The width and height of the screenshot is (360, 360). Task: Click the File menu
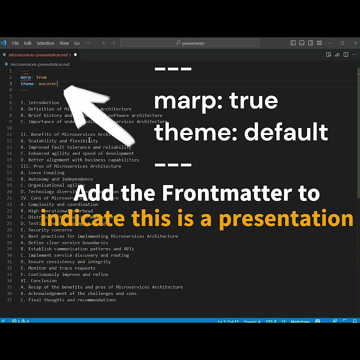click(x=15, y=43)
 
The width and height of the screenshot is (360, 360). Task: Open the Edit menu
click(x=27, y=43)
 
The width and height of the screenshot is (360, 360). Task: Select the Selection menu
click(x=45, y=43)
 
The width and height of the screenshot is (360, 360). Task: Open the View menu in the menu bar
click(x=64, y=43)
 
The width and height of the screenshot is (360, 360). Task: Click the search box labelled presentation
click(x=190, y=43)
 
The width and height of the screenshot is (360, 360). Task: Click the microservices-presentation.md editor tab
click(x=37, y=54)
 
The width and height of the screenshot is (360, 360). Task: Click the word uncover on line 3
click(x=47, y=83)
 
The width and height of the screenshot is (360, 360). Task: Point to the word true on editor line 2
click(x=41, y=77)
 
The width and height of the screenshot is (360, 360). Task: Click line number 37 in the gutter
click(x=9, y=300)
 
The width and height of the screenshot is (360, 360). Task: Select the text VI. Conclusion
click(x=38, y=280)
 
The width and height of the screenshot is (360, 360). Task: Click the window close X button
click(x=354, y=43)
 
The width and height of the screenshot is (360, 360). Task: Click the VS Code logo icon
click(x=3, y=43)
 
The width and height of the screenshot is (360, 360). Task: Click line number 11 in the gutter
click(x=9, y=128)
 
